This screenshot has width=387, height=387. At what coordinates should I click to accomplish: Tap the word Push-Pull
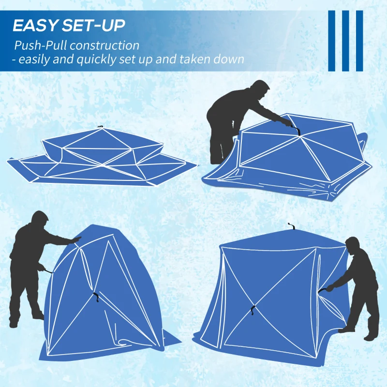[x=40, y=46]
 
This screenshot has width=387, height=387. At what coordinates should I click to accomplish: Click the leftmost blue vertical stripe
[x=331, y=41]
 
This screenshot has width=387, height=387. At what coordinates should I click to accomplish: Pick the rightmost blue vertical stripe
[x=359, y=41]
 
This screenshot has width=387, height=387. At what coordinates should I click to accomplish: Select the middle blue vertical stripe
[x=345, y=41]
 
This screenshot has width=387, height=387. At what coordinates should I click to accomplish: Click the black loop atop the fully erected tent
[x=291, y=226]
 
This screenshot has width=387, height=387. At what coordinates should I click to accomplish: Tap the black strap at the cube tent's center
[x=253, y=311]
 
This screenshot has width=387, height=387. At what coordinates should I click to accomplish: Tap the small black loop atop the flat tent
[x=100, y=127]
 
